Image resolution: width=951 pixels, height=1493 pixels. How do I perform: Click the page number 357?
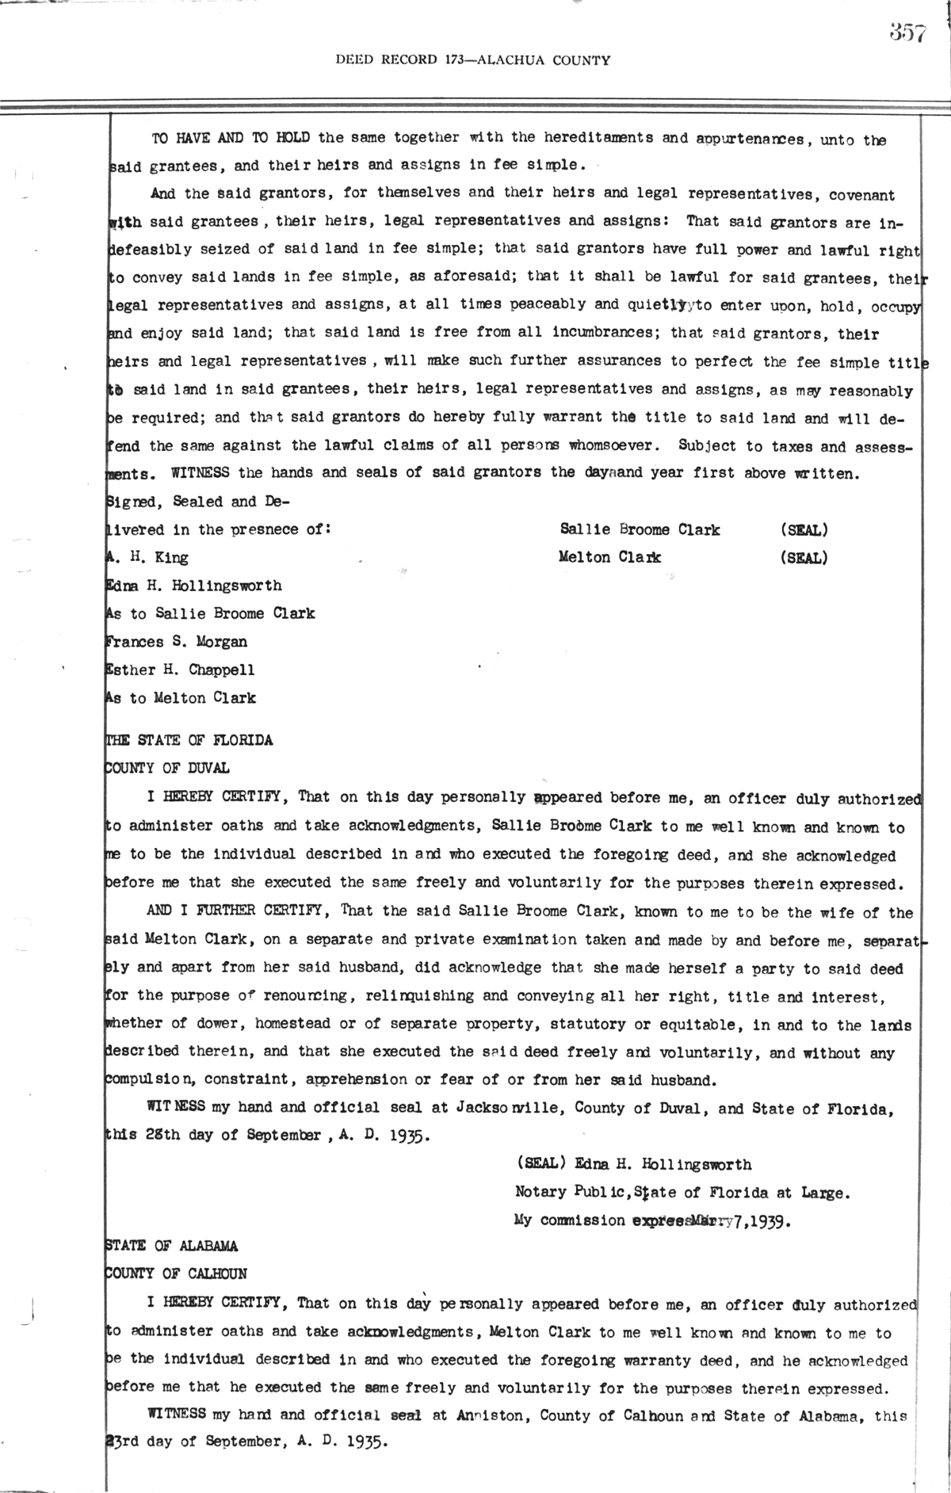tap(907, 33)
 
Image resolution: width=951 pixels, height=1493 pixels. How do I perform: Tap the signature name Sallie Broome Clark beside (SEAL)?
tap(640, 529)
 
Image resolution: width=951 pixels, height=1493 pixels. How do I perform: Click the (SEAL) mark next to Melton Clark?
tap(804, 558)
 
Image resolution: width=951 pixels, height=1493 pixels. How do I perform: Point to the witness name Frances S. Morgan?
tap(176, 642)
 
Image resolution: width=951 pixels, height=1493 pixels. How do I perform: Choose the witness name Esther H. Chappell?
tap(180, 670)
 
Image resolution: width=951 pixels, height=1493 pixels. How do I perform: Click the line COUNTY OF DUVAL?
tap(167, 768)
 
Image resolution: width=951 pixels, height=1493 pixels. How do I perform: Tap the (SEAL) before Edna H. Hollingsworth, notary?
tap(540, 1164)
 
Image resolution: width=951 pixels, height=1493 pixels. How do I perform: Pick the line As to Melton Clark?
tap(181, 698)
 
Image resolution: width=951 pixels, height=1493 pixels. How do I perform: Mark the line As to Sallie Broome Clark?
tap(210, 613)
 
